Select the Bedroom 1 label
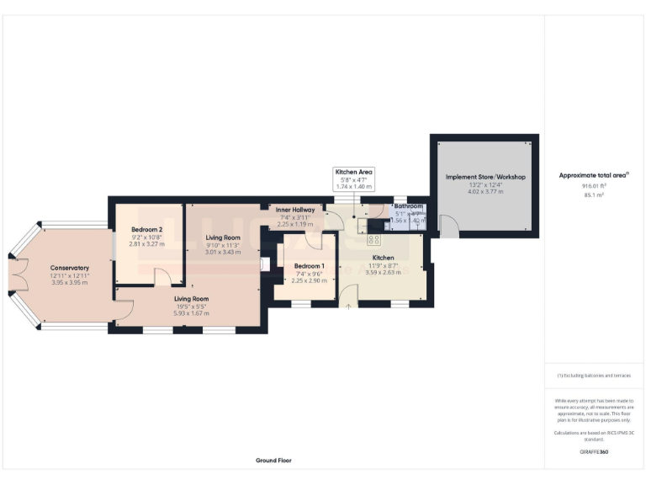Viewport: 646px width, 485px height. [308, 266]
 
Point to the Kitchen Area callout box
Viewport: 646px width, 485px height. [353, 178]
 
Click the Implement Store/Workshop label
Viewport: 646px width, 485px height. [484, 177]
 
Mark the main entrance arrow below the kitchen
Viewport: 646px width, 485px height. [349, 309]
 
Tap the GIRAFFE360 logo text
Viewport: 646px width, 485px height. [593, 452]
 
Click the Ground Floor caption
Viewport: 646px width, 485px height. [273, 461]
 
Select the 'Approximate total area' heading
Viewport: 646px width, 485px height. [593, 175]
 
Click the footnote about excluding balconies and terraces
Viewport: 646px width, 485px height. [593, 376]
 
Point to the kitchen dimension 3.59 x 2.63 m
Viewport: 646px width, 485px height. [383, 272]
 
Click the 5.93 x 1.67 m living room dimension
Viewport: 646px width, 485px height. [192, 313]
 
